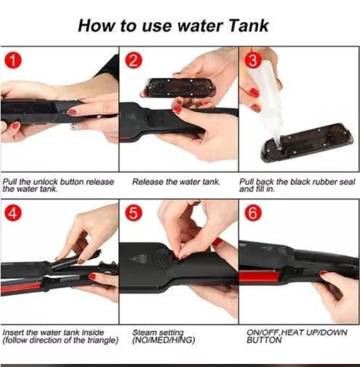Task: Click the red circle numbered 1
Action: pos(13,61)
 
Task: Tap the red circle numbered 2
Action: pos(133,61)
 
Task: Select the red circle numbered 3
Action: pos(253,61)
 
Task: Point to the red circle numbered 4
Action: pos(13,213)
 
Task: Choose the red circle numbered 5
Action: pos(133,213)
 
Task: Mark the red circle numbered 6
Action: pos(253,213)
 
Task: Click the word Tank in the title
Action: pos(248,26)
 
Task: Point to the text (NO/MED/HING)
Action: pos(164,340)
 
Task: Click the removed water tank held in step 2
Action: pos(180,88)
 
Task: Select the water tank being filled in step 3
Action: pos(307,143)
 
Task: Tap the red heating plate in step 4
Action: pos(21,287)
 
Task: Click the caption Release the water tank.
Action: pos(176,182)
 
